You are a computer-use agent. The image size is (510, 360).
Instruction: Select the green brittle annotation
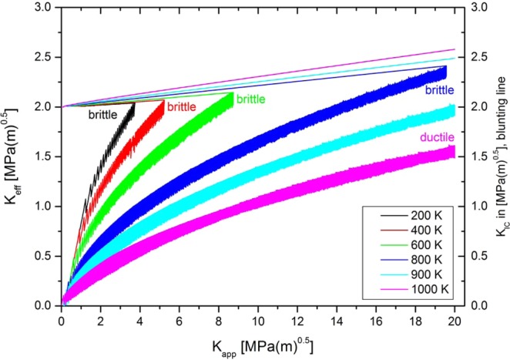pyautogui.click(x=251, y=99)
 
